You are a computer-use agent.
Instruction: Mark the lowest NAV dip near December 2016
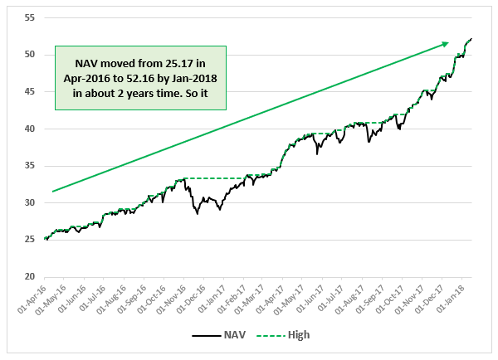coord(197,214)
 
